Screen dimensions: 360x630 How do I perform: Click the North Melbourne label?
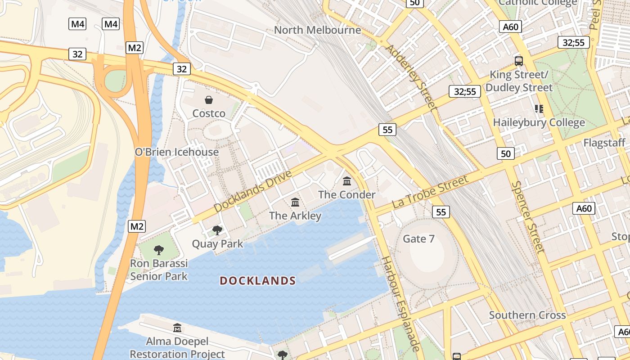(317, 30)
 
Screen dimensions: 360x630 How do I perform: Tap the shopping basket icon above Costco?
(209, 100)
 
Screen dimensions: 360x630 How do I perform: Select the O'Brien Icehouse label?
(177, 152)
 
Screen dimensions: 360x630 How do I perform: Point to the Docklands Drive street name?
(252, 191)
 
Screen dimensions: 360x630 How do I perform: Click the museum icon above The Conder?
(347, 181)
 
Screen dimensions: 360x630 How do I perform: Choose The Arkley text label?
(295, 216)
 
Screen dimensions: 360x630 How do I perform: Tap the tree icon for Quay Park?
(217, 230)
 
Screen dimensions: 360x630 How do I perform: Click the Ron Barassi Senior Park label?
(159, 270)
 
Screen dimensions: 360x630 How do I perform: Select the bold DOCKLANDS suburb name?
(257, 281)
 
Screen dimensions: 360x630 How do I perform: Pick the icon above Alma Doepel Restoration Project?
(177, 328)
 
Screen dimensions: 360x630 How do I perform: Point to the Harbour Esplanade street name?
(400, 304)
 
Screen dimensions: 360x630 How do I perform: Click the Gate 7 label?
(418, 239)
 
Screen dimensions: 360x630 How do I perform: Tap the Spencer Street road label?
(528, 217)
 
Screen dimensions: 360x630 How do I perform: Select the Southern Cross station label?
(527, 315)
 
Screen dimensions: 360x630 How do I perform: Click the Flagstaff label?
(604, 143)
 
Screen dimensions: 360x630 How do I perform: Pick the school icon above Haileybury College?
(539, 108)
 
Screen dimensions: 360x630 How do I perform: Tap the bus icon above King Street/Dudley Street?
(518, 61)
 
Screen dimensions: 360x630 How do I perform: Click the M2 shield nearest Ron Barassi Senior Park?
(137, 226)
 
